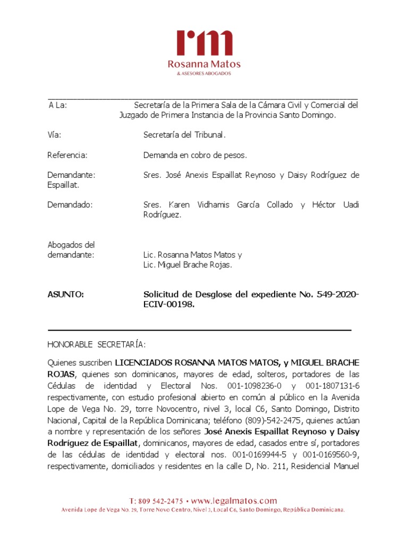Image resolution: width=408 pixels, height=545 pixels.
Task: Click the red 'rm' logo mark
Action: pos(205,43)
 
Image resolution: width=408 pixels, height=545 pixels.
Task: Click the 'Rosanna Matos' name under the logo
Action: pos(204,64)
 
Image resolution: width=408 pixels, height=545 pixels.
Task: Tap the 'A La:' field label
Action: pos(57,105)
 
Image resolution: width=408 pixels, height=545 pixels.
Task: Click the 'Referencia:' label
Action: pos(67,155)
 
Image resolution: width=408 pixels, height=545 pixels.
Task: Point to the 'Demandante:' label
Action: pos(71,175)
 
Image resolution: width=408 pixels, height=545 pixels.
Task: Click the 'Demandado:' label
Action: pos(70,205)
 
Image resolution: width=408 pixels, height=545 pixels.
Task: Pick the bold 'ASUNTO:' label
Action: pos(65,294)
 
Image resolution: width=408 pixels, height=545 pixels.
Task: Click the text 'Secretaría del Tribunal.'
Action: pos(184,135)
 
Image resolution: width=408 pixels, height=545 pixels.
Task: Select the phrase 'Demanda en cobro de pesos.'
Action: pos(195,155)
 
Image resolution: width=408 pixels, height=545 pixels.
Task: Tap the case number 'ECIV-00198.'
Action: pos(169,304)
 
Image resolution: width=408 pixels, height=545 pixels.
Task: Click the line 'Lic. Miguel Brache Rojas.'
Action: pos(188,265)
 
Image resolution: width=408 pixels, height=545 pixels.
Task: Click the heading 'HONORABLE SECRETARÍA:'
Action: pos(96,344)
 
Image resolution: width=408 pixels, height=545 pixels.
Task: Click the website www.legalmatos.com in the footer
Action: pos(234,501)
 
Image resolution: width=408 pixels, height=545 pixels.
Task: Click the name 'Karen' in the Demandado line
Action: pos(179,205)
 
